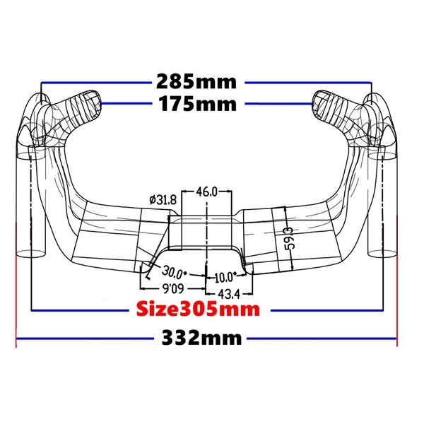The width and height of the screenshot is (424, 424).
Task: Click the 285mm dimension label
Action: coord(196,82)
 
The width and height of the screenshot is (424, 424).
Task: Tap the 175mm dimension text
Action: coord(197,104)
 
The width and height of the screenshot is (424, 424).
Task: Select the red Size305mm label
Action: coord(198,310)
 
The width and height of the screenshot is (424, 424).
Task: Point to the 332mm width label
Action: coord(201,338)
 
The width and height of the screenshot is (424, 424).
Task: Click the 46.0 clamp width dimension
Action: coord(206,192)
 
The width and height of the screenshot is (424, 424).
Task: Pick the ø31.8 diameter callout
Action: coord(163,200)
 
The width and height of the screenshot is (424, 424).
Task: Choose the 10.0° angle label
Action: coord(225,278)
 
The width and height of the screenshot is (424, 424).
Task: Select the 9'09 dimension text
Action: coord(173,289)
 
